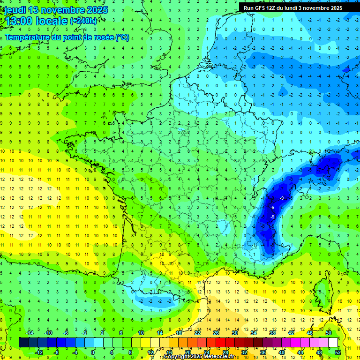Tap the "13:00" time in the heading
click(18, 21)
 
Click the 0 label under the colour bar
click(92, 352)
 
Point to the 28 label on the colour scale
click(225, 352)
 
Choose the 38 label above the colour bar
click(272, 333)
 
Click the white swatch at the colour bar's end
click(333, 343)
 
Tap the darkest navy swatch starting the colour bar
click(24, 343)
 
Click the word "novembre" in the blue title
click(66, 10)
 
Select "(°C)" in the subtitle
click(123, 37)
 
